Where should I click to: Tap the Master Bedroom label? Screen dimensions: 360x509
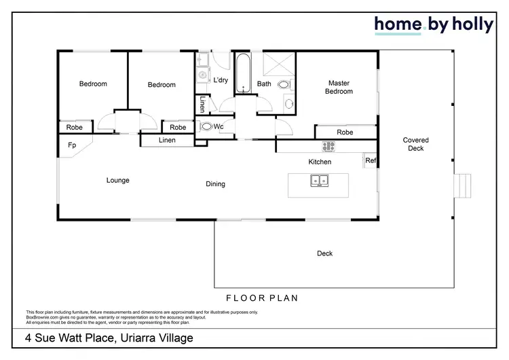click(339, 87)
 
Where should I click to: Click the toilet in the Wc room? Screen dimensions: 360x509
click(206, 126)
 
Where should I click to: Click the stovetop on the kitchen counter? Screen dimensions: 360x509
click(328, 146)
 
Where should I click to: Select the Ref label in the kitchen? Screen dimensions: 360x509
click(371, 161)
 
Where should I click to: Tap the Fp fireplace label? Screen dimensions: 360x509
click(71, 145)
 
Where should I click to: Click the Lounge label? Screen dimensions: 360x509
click(117, 180)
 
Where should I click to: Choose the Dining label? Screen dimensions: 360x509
click(216, 184)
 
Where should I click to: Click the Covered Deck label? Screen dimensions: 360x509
click(415, 144)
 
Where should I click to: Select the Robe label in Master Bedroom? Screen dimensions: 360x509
click(345, 132)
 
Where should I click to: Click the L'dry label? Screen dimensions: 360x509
click(220, 80)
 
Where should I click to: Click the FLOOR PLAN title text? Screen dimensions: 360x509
click(261, 298)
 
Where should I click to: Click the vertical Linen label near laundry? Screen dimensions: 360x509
click(203, 105)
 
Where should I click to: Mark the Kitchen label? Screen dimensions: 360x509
click(320, 162)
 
